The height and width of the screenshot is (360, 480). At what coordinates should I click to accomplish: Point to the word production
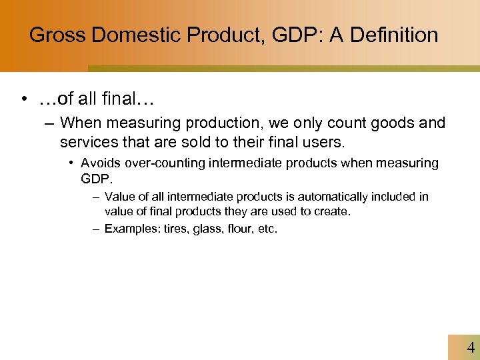pos(206,123)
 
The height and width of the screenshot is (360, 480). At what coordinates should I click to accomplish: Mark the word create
pos(333,211)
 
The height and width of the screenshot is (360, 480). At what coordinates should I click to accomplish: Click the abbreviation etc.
pos(267,229)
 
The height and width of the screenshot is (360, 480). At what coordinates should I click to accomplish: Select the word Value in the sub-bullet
pos(119,197)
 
